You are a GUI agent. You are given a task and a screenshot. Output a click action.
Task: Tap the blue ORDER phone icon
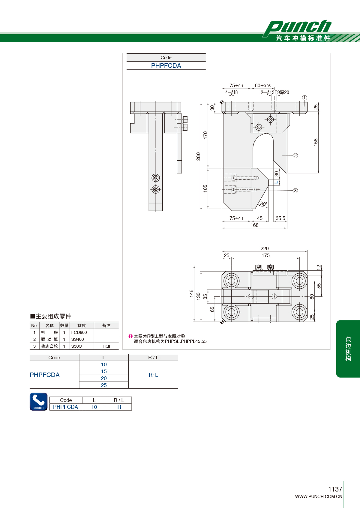click(39, 402)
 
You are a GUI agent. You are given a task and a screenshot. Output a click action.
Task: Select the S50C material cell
click(76, 346)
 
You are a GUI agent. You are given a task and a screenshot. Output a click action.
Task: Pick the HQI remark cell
click(106, 346)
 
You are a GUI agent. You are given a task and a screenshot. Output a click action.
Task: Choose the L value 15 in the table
click(104, 371)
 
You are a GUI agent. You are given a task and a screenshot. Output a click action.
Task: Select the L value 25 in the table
click(104, 385)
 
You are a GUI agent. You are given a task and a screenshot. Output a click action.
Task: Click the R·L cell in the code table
click(153, 375)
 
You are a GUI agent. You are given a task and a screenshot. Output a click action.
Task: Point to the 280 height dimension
click(198, 156)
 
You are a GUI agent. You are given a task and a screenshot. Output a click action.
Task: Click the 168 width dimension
click(254, 225)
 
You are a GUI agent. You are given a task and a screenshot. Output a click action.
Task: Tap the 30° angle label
click(264, 204)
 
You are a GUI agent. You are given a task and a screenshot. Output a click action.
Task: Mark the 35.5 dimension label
click(280, 218)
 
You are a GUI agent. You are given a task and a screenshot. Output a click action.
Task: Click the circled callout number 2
click(295, 156)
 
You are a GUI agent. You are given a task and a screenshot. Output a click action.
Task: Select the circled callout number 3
click(295, 191)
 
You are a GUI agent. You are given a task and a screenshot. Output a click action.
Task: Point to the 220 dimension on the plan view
click(264, 248)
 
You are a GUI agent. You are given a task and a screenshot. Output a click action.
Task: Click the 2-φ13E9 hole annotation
click(275, 93)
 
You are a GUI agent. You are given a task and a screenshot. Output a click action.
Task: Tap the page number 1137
click(335, 489)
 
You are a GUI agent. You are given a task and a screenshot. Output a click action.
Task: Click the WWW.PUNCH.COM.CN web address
click(319, 496)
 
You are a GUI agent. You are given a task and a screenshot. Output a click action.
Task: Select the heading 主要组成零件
click(51, 316)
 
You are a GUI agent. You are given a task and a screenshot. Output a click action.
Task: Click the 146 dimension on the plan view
click(191, 293)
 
